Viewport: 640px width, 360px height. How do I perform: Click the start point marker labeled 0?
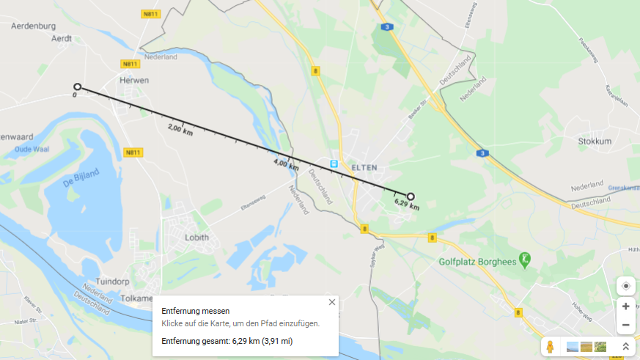pos(77,87)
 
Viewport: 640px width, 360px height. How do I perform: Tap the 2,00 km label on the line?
pos(180,131)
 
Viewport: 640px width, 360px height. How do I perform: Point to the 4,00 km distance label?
pos(286,165)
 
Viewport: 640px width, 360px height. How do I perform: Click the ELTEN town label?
pos(364,167)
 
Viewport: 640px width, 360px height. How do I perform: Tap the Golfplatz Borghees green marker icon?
pos(525,259)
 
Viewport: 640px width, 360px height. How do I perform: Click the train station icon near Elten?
pos(334,164)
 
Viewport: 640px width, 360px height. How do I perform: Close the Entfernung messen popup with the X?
pos(332,302)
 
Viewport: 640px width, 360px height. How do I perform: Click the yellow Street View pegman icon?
pos(550,347)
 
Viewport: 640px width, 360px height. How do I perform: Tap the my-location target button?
pos(625,286)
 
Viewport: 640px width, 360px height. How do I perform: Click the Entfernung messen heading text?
pos(196,311)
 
